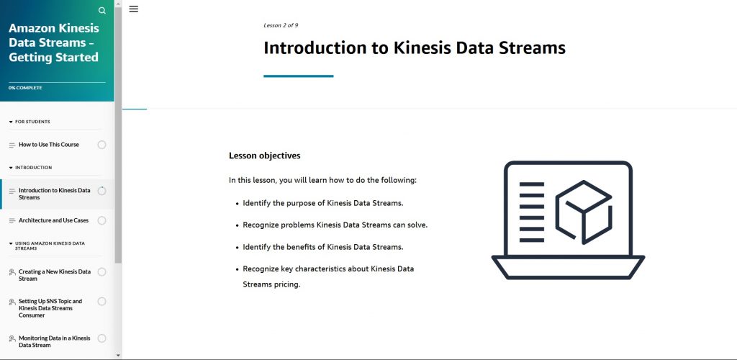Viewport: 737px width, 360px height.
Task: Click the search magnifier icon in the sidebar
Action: [x=101, y=11]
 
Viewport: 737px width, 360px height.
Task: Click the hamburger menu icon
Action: [x=134, y=9]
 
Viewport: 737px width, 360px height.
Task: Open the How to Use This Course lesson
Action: [x=49, y=145]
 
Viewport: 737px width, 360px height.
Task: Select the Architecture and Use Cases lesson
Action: [x=53, y=220]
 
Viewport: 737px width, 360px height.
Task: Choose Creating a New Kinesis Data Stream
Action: [x=55, y=275]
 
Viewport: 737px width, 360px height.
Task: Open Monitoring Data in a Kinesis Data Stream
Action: [x=55, y=341]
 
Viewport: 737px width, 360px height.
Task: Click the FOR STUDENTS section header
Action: [x=32, y=122]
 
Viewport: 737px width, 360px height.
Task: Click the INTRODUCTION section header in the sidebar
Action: [x=33, y=168]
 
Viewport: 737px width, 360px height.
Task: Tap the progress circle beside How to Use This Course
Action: [x=101, y=145]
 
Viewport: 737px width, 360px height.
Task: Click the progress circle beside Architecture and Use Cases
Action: [x=101, y=220]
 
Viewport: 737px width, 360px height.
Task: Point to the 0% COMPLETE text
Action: [x=25, y=88]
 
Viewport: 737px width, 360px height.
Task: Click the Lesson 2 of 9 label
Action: [x=281, y=25]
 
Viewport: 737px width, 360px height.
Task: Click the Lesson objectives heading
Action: [x=264, y=156]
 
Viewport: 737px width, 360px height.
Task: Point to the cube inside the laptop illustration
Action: [x=583, y=210]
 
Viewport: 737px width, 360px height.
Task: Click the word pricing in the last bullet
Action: [x=286, y=284]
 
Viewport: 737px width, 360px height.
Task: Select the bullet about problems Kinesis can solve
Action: [x=335, y=225]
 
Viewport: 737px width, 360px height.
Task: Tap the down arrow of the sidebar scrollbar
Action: [x=118, y=355]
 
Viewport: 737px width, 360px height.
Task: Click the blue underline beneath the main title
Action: [x=298, y=76]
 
